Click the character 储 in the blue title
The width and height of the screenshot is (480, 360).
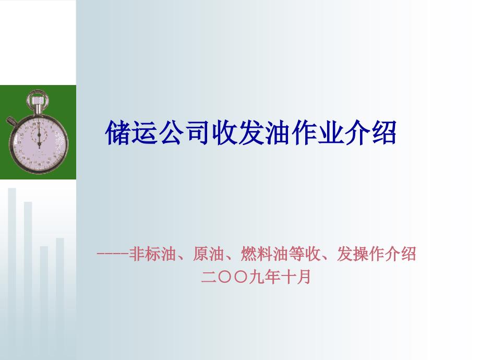tap(118, 133)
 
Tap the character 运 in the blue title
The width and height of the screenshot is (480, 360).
tap(145, 133)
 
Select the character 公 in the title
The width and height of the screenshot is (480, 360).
tap(172, 133)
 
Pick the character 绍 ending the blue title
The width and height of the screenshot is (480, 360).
tap(384, 133)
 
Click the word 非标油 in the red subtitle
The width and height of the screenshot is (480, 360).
tap(153, 254)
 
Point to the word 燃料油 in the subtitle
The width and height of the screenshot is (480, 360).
tap(265, 254)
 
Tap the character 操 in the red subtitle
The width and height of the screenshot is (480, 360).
tap(361, 254)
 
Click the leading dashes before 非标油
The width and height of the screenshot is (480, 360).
tap(112, 254)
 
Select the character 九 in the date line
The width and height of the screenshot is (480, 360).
tap(256, 277)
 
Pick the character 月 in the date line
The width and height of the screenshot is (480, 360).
tap(304, 277)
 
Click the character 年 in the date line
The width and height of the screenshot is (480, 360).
tap(272, 277)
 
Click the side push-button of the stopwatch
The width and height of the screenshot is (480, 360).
tap(12, 121)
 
